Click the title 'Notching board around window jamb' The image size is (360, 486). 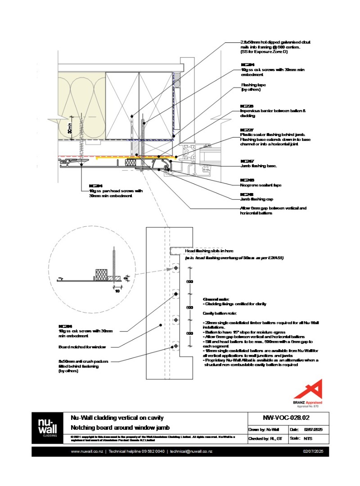click(120, 427)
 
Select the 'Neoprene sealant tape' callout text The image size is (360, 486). click(260, 184)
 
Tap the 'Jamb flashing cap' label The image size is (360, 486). click(257, 199)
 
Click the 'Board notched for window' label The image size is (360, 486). click(81, 347)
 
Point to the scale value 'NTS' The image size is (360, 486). click(308, 438)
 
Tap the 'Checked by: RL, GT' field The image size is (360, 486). click(265, 438)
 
